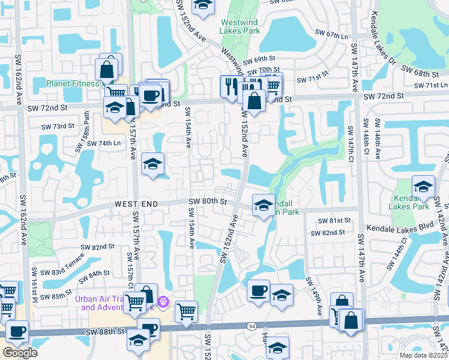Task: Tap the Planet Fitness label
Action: point(73,83)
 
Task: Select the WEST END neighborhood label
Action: point(137,205)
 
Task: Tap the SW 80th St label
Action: point(208,202)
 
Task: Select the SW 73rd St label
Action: point(58,127)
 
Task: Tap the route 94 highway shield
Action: point(252,326)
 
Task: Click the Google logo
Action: point(20,353)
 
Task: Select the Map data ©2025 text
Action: point(423,355)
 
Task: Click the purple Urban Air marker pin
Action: point(163,300)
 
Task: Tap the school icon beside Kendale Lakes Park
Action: point(423,186)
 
